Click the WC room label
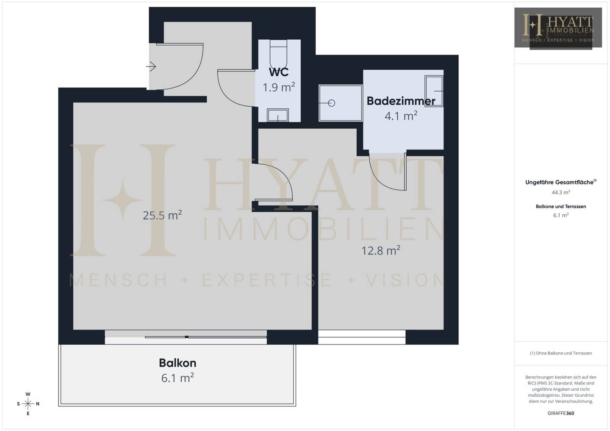coord(279,72)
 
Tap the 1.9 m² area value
coord(279,87)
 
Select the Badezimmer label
coord(401,101)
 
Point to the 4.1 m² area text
coord(401,116)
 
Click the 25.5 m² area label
coord(162,215)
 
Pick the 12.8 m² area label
coord(381,250)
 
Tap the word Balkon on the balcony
coord(177,363)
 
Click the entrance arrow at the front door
coord(151,66)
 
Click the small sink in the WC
coord(277,115)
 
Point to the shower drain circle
coord(331,103)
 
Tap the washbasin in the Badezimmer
coord(434,91)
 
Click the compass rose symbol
coord(28,404)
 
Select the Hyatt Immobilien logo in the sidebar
coord(558,28)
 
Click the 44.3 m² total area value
coord(561,192)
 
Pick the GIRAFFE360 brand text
coord(561,413)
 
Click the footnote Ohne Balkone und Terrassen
coord(561,353)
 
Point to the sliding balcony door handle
coord(186,337)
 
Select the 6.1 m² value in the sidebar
coord(561,215)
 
